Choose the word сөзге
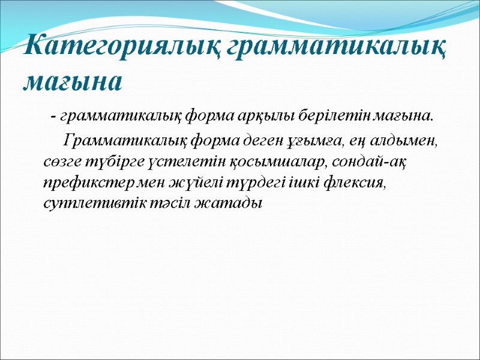(x=62, y=162)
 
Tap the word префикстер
(x=86, y=182)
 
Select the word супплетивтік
(x=93, y=203)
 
